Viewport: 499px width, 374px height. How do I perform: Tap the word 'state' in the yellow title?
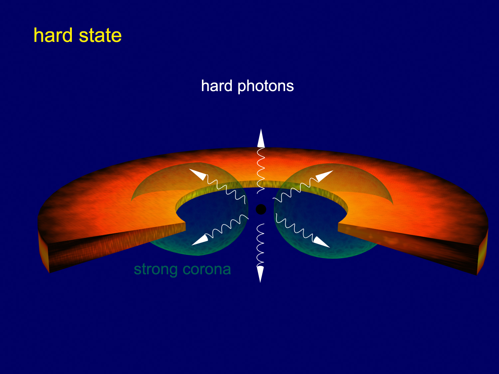click(x=100, y=36)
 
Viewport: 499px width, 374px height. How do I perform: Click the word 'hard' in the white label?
click(x=217, y=86)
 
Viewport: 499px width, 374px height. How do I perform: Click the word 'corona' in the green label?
click(x=207, y=269)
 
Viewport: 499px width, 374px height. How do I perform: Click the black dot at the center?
click(x=261, y=209)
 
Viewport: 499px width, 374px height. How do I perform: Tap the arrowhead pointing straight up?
click(x=261, y=138)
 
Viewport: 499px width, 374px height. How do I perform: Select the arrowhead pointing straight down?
click(x=260, y=274)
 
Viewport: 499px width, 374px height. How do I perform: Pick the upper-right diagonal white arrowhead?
click(x=324, y=176)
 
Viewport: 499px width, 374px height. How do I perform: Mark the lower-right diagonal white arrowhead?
click(x=321, y=242)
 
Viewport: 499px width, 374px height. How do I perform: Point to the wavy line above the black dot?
click(x=261, y=170)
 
